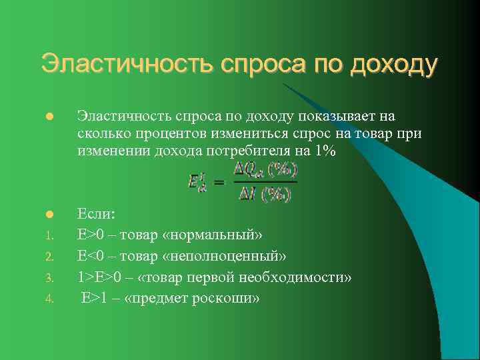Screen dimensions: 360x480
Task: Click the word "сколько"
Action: coord(102,134)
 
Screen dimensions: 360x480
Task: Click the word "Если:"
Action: coord(97,214)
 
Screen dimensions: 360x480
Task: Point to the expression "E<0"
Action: coord(92,256)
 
